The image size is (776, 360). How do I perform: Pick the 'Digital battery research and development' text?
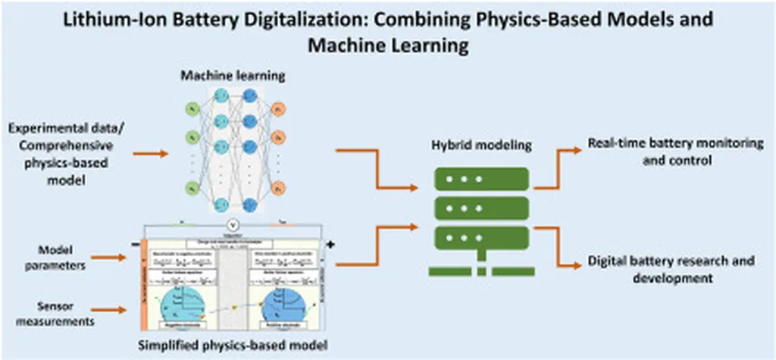[671, 269]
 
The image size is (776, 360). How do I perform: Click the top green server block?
[481, 179]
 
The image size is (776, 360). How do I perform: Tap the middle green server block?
[481, 208]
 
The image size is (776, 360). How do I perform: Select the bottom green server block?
[481, 236]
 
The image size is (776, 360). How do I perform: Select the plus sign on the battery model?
[330, 244]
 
